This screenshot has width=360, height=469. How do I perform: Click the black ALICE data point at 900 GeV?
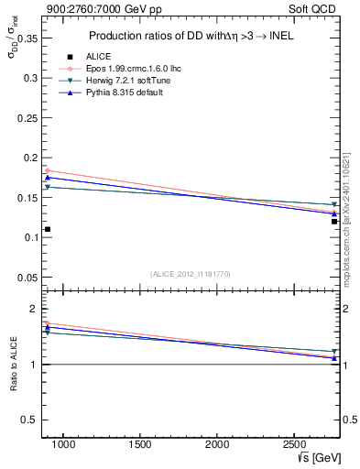click(47, 229)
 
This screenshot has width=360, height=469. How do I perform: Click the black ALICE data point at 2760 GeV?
click(334, 221)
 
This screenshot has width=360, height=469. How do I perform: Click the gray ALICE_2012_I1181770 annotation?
click(191, 273)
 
